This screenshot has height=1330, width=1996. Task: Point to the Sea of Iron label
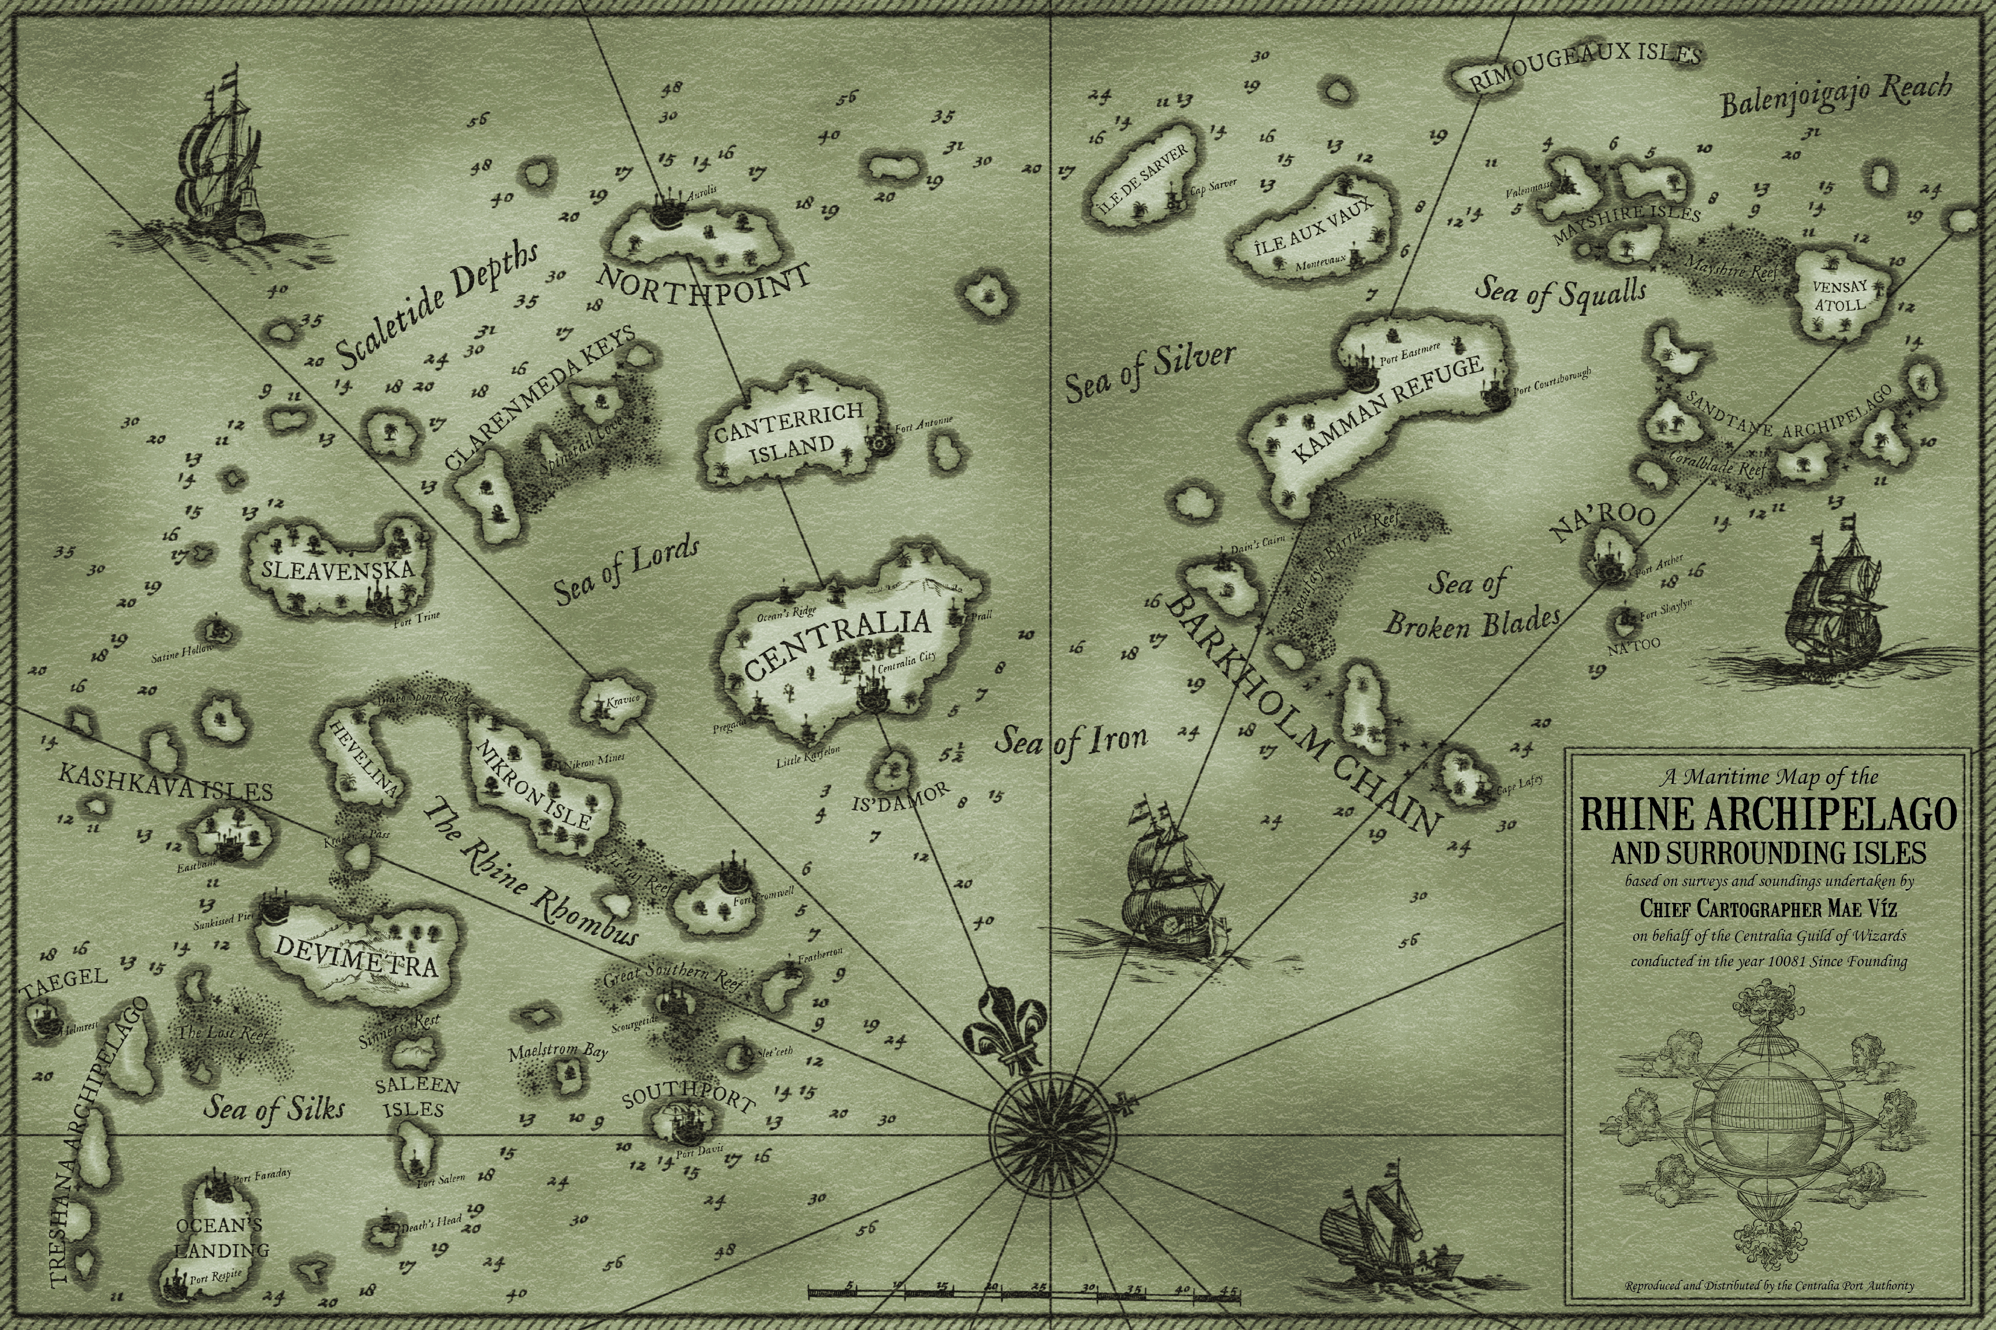tap(1071, 741)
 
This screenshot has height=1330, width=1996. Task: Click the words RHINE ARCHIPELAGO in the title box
tap(1768, 815)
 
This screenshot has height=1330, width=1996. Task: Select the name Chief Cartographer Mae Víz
tap(1768, 909)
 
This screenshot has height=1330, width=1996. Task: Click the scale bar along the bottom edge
tap(1023, 1292)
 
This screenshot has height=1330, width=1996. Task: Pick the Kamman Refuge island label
tap(1387, 410)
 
